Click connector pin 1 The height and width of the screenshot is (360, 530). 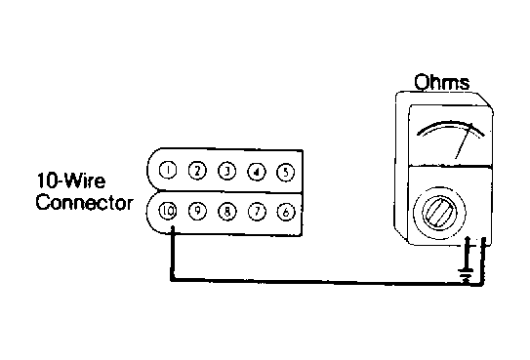(x=168, y=170)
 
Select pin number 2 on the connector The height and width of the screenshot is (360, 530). (x=197, y=171)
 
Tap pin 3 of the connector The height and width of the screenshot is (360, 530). (x=227, y=172)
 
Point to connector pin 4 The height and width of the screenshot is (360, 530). (x=257, y=172)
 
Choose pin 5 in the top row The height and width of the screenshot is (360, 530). (x=286, y=173)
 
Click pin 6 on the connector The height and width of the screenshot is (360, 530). (x=286, y=212)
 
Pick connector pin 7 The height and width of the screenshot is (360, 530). (x=257, y=212)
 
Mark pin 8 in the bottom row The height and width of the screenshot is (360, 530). (x=227, y=212)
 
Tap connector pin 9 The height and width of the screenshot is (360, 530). (x=197, y=211)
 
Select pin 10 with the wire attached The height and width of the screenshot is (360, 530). (x=168, y=211)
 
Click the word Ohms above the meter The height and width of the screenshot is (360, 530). (x=442, y=82)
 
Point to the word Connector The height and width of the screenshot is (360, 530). (x=85, y=202)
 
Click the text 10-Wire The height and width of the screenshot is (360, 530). (x=71, y=180)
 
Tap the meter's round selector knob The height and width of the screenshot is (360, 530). (x=440, y=214)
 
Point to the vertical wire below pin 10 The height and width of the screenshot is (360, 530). (x=173, y=254)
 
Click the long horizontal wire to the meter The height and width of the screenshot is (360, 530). (x=327, y=282)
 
